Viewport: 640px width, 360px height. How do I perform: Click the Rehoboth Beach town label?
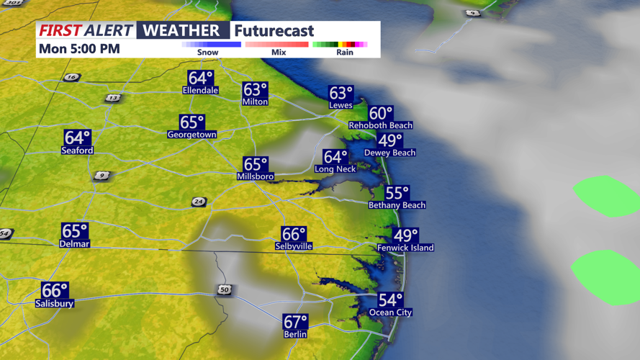click(x=380, y=125)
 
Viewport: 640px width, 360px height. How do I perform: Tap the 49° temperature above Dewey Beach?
click(x=390, y=141)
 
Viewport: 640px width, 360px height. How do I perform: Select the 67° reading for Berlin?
click(x=296, y=322)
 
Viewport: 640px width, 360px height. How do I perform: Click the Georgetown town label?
click(x=191, y=135)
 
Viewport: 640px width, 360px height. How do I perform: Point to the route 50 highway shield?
click(x=225, y=289)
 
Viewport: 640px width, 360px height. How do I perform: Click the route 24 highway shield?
click(x=199, y=202)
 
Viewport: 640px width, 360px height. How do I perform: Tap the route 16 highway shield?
click(x=71, y=77)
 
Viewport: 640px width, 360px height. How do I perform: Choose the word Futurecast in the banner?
click(x=274, y=31)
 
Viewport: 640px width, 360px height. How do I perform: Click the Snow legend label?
click(x=208, y=53)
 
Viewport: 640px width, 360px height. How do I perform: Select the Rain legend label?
click(x=345, y=53)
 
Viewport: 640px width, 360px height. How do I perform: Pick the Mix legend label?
click(x=279, y=53)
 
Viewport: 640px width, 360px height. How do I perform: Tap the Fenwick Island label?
click(x=405, y=248)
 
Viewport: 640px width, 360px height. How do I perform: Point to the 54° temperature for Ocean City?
click(x=391, y=300)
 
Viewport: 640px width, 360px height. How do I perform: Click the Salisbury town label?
click(x=55, y=304)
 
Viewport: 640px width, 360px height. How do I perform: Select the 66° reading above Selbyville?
click(x=294, y=234)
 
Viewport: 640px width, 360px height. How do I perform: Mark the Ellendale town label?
click(x=200, y=91)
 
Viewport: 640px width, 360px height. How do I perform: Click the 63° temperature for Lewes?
click(x=341, y=93)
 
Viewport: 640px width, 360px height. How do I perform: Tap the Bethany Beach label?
click(x=397, y=205)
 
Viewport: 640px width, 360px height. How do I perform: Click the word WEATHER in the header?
click(x=181, y=30)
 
